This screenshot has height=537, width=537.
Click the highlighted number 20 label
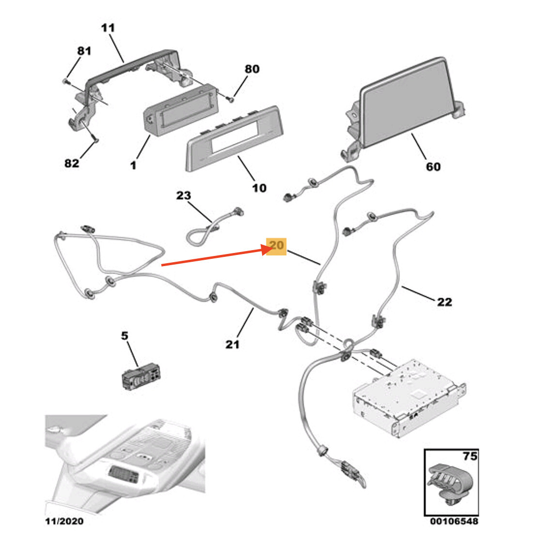[x=277, y=246]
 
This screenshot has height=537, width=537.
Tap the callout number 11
[x=108, y=28]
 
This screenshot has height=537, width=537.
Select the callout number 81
[x=84, y=50]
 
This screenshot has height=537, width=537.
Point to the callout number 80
[x=252, y=69]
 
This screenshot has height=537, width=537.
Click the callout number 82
[x=72, y=163]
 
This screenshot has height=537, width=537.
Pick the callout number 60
[x=433, y=166]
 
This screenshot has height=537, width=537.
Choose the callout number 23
[x=183, y=195]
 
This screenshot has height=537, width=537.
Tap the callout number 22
[x=444, y=302]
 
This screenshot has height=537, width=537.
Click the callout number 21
[x=232, y=344]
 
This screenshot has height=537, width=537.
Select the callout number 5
[x=125, y=335]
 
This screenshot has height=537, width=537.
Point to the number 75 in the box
[x=470, y=456]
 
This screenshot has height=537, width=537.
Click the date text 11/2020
[x=64, y=521]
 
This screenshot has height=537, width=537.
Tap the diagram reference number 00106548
[x=454, y=521]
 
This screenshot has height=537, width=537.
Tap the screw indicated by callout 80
[x=231, y=99]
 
